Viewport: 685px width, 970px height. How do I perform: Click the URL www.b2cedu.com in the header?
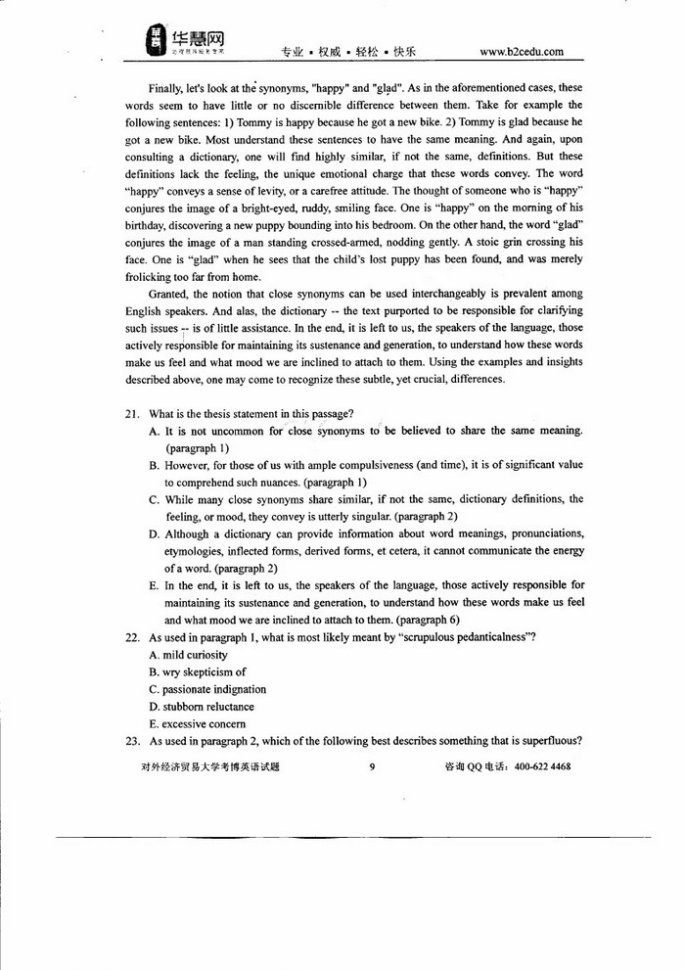click(x=522, y=52)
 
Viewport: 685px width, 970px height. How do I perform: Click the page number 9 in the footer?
click(x=373, y=767)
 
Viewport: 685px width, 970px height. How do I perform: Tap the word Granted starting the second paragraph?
click(x=169, y=294)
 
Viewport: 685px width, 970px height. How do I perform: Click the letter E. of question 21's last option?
click(x=155, y=586)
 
